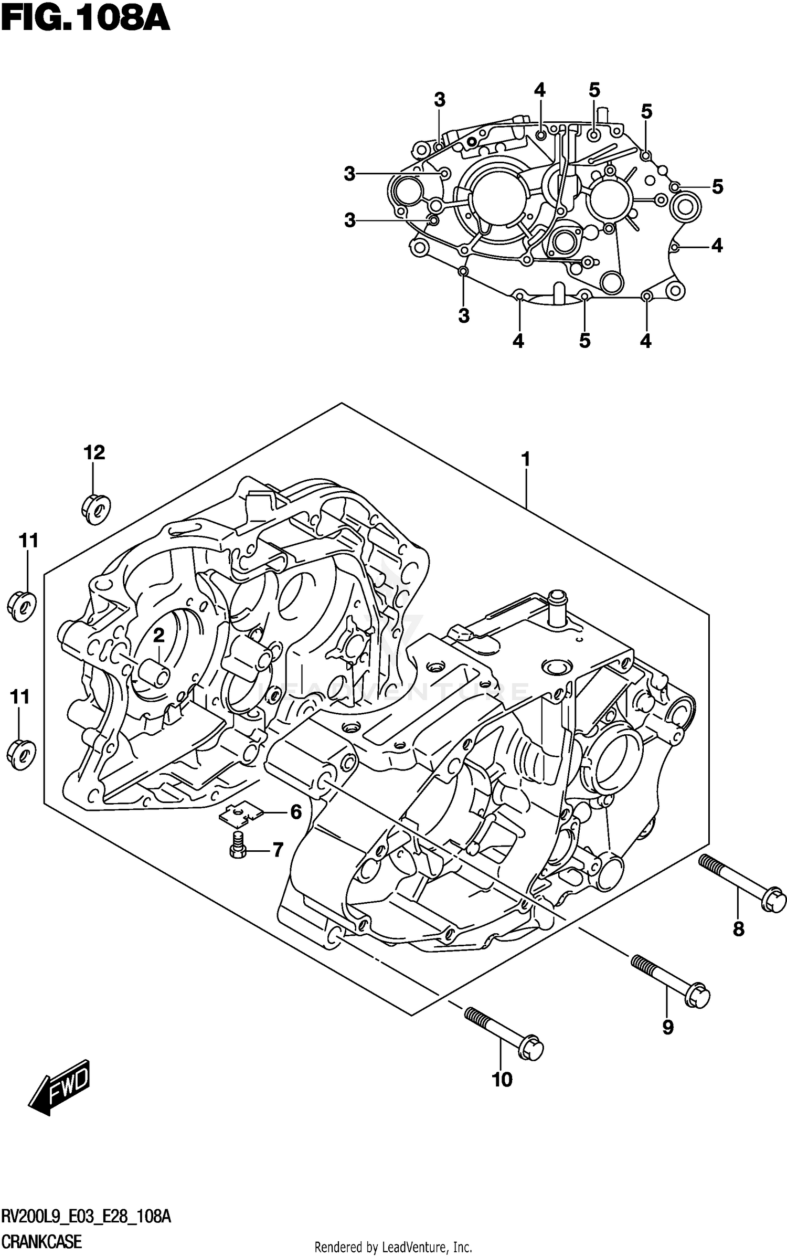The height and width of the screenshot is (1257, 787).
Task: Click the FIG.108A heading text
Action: (x=86, y=19)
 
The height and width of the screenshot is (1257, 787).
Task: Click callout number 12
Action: (x=94, y=452)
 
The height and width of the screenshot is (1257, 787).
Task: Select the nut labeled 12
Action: (x=95, y=508)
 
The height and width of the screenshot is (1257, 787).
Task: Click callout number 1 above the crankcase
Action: (x=525, y=459)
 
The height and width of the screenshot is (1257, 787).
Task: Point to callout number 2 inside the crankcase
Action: (x=158, y=636)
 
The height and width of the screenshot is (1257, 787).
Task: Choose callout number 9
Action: (x=667, y=1027)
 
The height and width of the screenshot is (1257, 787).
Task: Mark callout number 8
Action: (x=738, y=929)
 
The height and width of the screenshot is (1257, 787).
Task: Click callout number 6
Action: (x=296, y=812)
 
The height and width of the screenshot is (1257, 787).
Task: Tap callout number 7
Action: (x=277, y=849)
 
